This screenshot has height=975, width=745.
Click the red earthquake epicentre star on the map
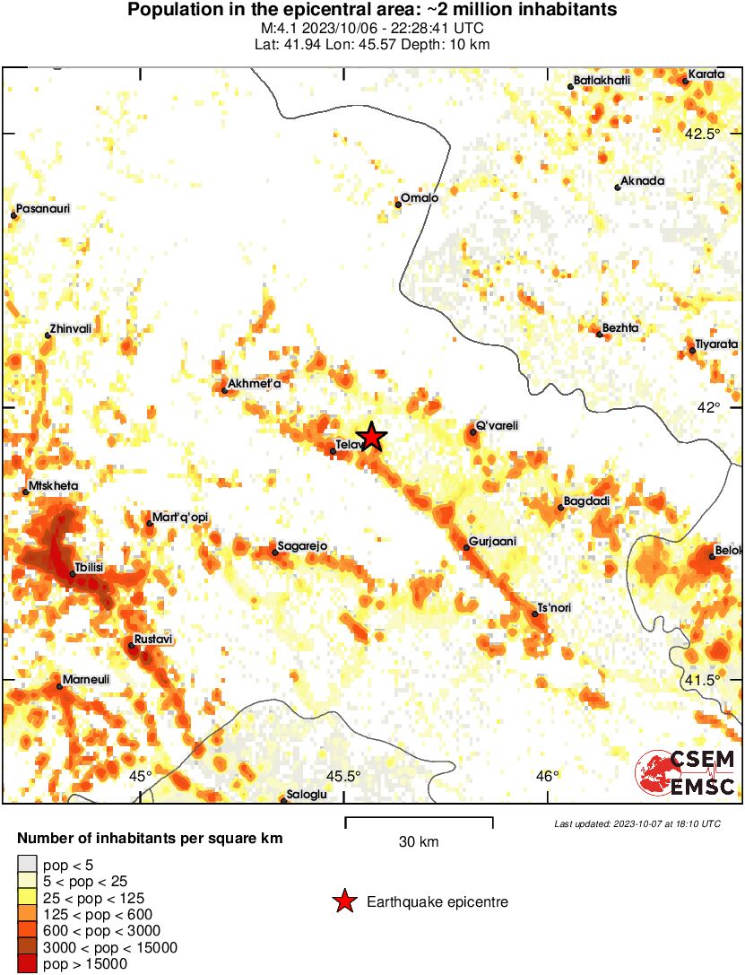coord(371,437)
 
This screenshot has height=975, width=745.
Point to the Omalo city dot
coord(398,205)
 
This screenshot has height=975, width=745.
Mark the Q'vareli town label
coord(497,425)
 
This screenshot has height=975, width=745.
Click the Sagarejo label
coord(302,546)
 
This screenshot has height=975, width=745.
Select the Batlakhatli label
coord(602,81)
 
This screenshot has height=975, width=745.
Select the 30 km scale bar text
coord(419,842)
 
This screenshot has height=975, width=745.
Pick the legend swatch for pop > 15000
coord(27,964)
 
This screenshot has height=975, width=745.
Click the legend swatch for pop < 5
coord(27,866)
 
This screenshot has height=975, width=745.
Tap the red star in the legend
coord(343,902)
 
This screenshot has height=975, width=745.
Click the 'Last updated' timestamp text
coord(637,823)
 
